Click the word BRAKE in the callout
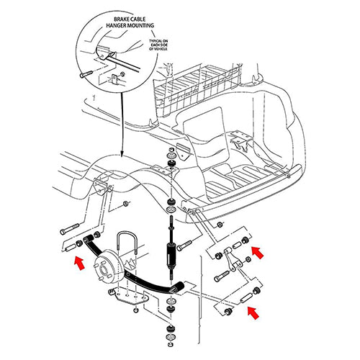118,14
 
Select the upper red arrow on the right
258,252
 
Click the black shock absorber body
171,257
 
